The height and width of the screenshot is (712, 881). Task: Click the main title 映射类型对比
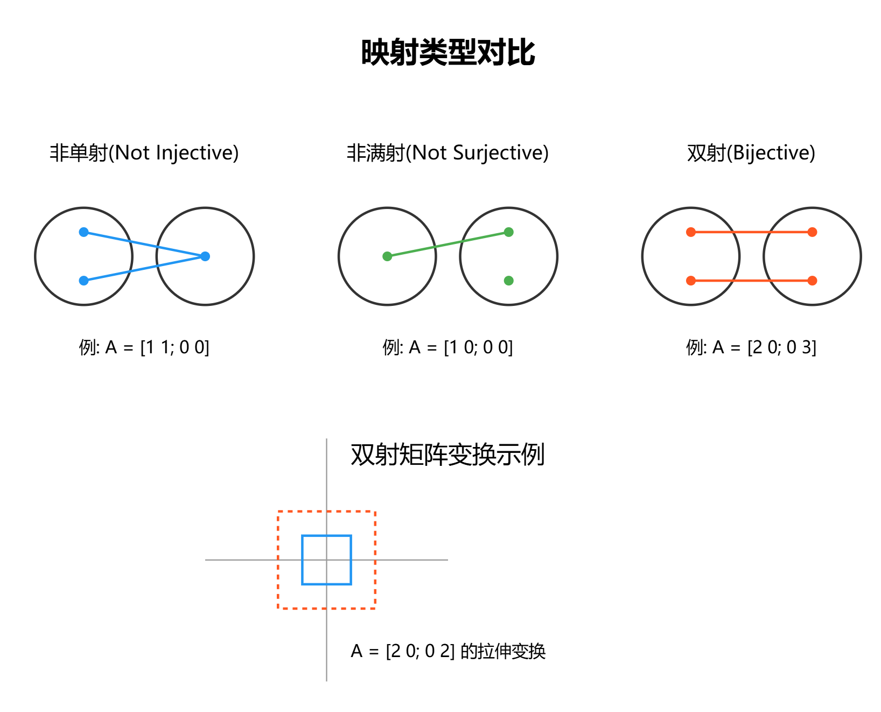click(x=448, y=53)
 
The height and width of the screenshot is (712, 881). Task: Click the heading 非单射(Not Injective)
click(x=144, y=153)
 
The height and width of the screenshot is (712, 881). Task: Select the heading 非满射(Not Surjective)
click(x=448, y=153)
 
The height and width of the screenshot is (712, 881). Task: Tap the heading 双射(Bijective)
click(x=751, y=153)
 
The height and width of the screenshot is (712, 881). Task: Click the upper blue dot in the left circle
click(x=83, y=232)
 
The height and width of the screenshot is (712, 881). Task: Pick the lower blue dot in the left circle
click(x=83, y=281)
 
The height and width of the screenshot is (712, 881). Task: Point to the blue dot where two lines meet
click(x=205, y=256)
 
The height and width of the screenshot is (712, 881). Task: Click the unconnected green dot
click(x=508, y=281)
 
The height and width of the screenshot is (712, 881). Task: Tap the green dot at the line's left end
click(x=387, y=256)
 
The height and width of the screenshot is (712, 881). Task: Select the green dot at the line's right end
click(x=508, y=232)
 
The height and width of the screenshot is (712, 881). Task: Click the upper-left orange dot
click(x=691, y=232)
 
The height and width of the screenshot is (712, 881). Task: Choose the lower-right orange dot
click(x=813, y=281)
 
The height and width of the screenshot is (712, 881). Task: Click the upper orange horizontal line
click(x=752, y=232)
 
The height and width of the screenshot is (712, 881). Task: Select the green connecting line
click(x=448, y=245)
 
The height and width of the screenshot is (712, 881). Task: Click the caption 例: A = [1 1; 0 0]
click(x=144, y=347)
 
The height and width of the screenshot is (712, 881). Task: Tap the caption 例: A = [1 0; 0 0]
click(x=448, y=347)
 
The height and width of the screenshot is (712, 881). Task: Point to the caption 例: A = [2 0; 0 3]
click(x=751, y=347)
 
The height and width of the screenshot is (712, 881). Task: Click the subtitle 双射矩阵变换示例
click(x=448, y=455)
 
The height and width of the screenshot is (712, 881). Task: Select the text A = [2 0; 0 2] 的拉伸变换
click(x=448, y=651)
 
